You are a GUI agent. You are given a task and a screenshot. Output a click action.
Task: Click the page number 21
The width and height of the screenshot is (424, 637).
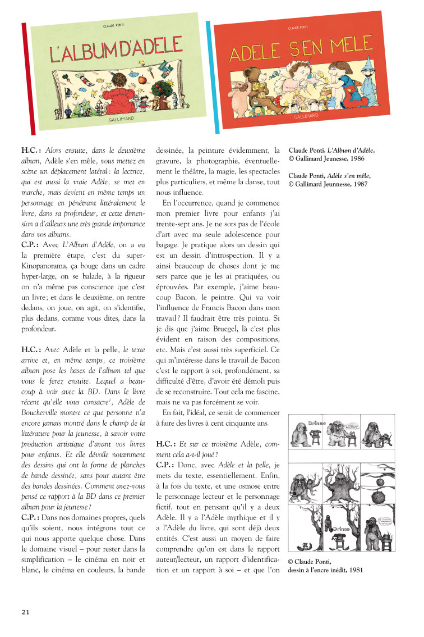pyautogui.click(x=25, y=611)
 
